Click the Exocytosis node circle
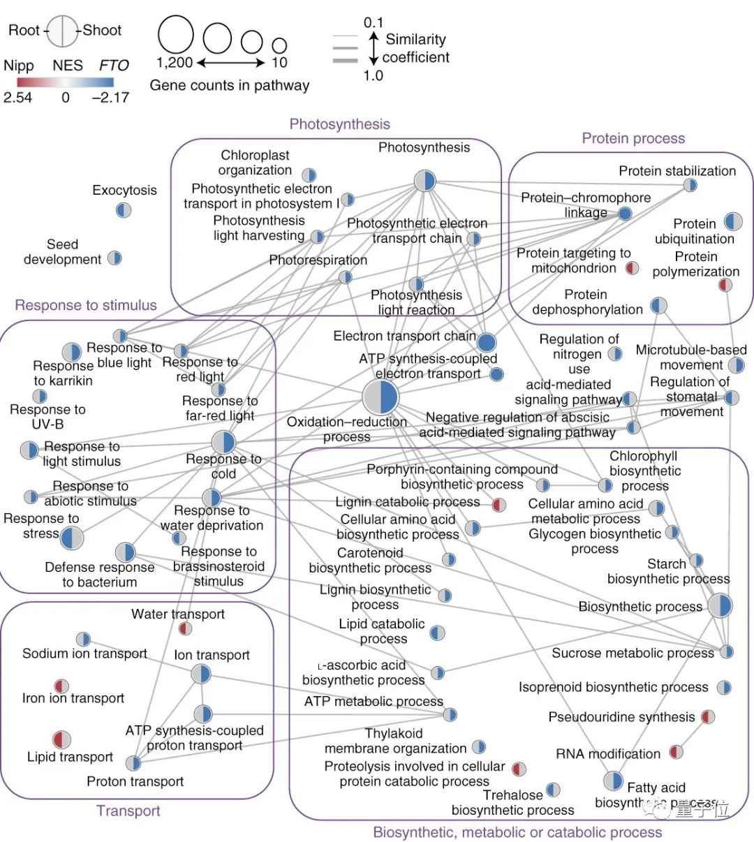pyautogui.click(x=124, y=209)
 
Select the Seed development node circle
pyautogui.click(x=114, y=258)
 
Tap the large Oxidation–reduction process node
pyautogui.click(x=380, y=397)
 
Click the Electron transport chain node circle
pyautogui.click(x=487, y=342)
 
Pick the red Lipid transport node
pyautogui.click(x=61, y=739)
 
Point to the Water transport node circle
pyautogui.click(x=185, y=629)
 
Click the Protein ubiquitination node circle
pyautogui.click(x=733, y=222)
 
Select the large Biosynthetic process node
pyautogui.click(x=720, y=605)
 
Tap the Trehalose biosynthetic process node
pyautogui.click(x=553, y=790)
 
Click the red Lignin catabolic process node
pyautogui.click(x=498, y=505)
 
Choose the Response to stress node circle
pyautogui.click(x=71, y=538)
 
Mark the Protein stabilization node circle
pyautogui.click(x=690, y=185)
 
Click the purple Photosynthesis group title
pyautogui.click(x=339, y=124)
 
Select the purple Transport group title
pyautogui.click(x=128, y=811)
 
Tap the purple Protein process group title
pyautogui.click(x=633, y=138)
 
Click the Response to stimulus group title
pyautogui.click(x=86, y=305)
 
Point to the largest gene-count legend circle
pyautogui.click(x=175, y=34)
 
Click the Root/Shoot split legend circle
pyautogui.click(x=62, y=31)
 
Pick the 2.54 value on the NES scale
pyautogui.click(x=17, y=97)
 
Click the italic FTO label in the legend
pyautogui.click(x=114, y=66)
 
